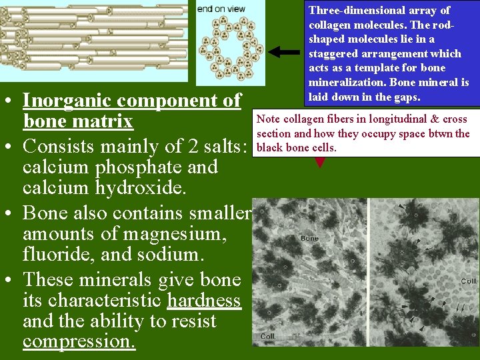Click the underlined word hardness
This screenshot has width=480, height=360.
(204, 300)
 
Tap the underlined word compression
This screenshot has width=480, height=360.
(79, 343)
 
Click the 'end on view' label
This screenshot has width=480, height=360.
(221, 9)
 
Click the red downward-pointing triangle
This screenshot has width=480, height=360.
(320, 161)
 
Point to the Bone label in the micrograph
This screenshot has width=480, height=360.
(309, 238)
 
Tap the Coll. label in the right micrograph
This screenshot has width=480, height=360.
(469, 281)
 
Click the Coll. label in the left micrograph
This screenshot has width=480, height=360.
(268, 336)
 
